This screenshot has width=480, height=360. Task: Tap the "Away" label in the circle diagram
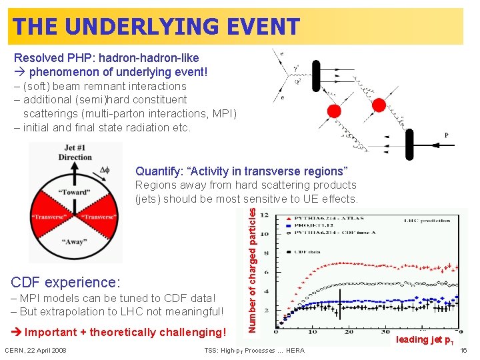(x=75, y=242)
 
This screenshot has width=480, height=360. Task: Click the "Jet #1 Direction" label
(x=75, y=153)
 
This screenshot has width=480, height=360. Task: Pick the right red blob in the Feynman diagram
(x=379, y=105)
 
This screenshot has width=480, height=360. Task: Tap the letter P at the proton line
(x=446, y=135)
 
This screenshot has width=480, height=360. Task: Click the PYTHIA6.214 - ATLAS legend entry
(x=320, y=218)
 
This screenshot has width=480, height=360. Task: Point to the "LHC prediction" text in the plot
(x=426, y=220)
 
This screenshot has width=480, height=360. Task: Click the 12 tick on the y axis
(x=265, y=215)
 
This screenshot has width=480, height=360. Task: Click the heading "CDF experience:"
(x=66, y=282)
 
